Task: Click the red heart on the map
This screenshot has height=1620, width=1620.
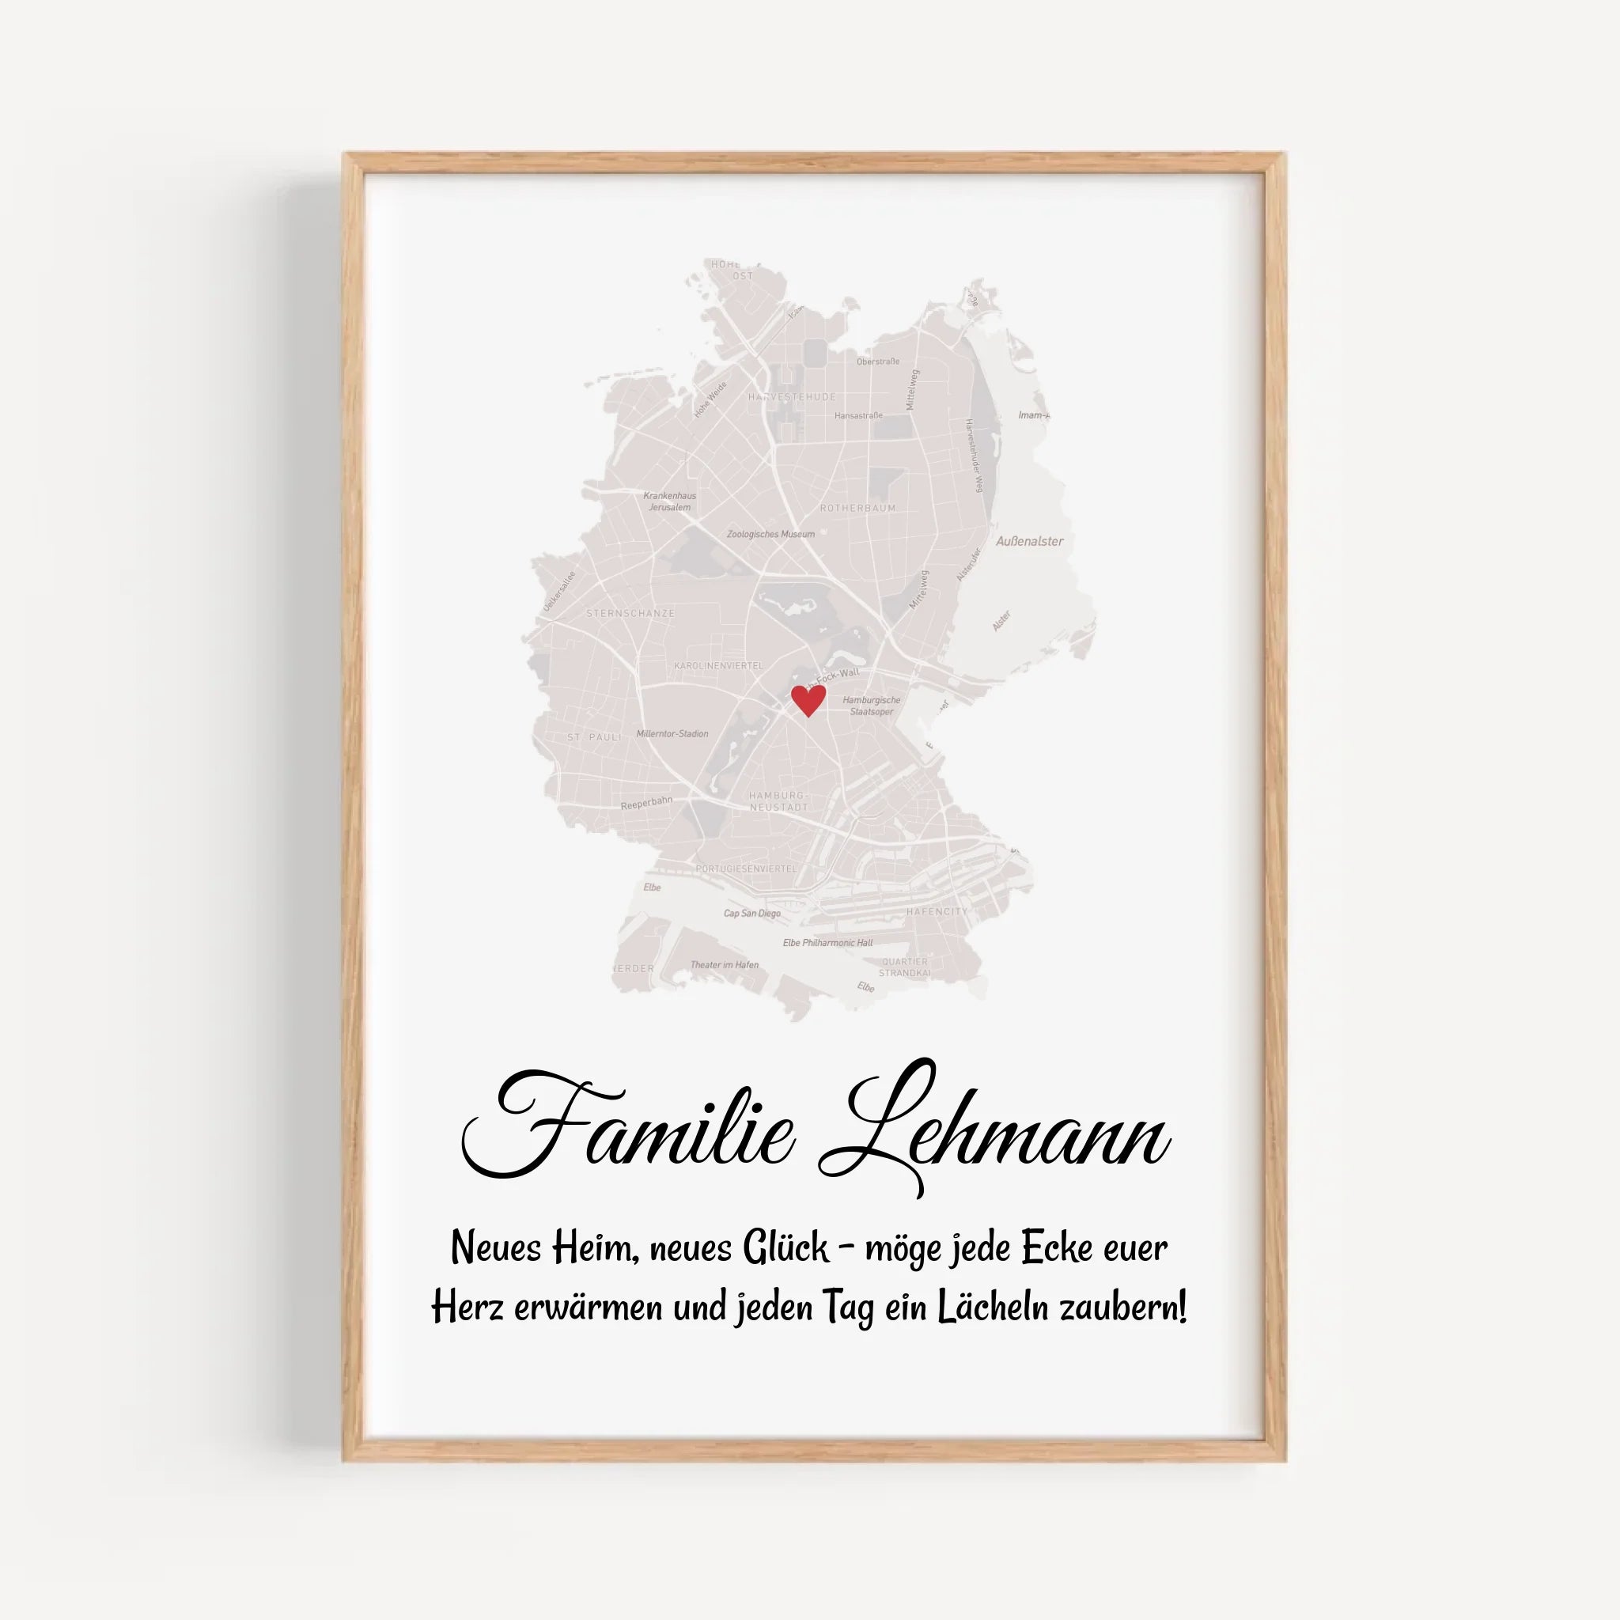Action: pyautogui.click(x=808, y=699)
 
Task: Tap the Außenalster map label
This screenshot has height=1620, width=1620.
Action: pyautogui.click(x=1029, y=542)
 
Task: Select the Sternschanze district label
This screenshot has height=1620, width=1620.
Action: pyautogui.click(x=630, y=614)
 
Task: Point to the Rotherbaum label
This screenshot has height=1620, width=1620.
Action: pyautogui.click(x=857, y=508)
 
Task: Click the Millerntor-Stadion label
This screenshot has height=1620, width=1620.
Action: pyautogui.click(x=672, y=734)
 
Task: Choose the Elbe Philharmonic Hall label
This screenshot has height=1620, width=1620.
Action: pyautogui.click(x=827, y=942)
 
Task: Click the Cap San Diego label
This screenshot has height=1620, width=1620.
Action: pyautogui.click(x=752, y=913)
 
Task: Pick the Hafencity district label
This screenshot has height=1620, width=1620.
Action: pyautogui.click(x=937, y=911)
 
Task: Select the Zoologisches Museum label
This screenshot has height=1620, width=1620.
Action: pyautogui.click(x=770, y=534)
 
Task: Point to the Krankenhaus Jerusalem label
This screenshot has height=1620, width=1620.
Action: pyautogui.click(x=669, y=502)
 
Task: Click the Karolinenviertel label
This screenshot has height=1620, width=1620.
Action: pyautogui.click(x=718, y=666)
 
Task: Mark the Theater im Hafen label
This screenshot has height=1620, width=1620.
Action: pyautogui.click(x=725, y=965)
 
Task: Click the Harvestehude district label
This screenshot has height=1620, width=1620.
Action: pyautogui.click(x=792, y=396)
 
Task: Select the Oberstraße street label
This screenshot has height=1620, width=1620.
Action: pyautogui.click(x=878, y=361)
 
